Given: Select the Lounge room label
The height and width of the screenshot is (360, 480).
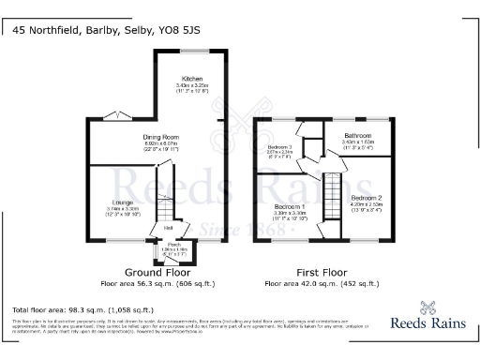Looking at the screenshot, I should click(x=121, y=202).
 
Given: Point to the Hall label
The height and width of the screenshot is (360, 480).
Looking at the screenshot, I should click(x=168, y=227).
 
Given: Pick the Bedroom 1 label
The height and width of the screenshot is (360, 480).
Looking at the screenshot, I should click(x=289, y=205).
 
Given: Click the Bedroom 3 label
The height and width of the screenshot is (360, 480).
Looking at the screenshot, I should click(x=280, y=147).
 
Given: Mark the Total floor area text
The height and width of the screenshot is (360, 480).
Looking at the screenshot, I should click(x=83, y=308).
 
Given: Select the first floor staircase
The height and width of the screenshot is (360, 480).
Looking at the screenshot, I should click(x=331, y=191).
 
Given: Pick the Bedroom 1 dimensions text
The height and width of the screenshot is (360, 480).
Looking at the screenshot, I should click(x=289, y=214).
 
